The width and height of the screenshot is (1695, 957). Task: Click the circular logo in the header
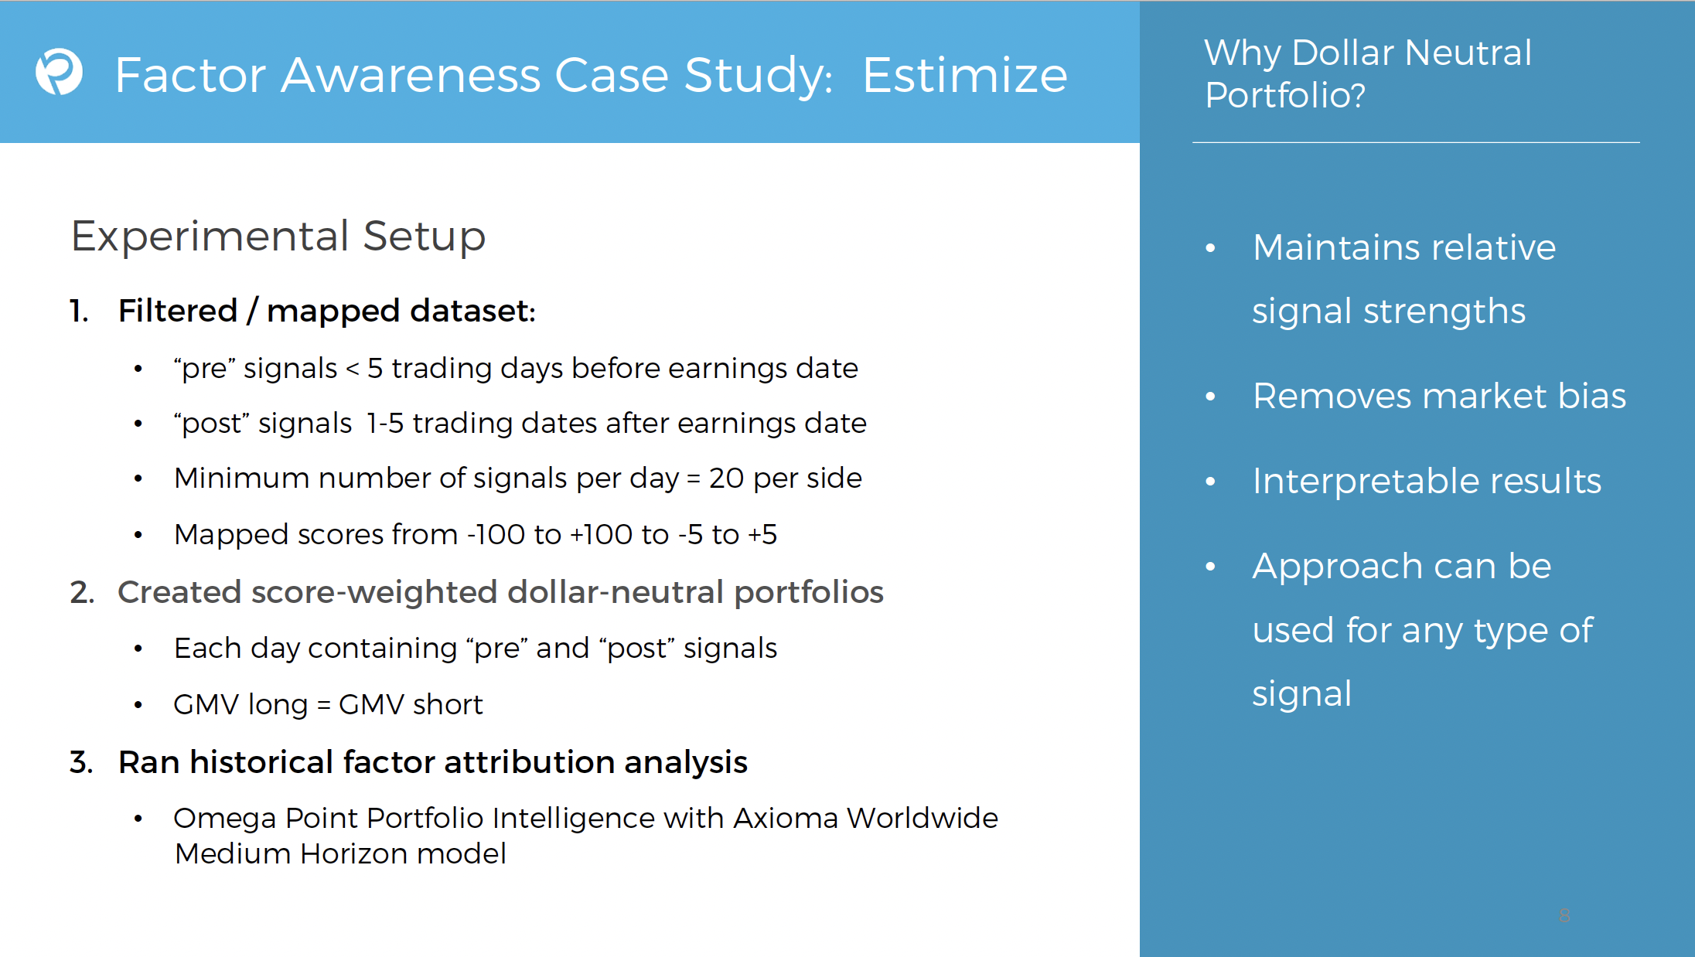59,72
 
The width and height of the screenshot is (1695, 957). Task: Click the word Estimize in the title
964,75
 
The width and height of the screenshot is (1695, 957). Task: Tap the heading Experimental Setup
278,237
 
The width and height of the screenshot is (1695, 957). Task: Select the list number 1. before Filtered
79,311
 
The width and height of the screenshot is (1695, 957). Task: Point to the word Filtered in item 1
178,311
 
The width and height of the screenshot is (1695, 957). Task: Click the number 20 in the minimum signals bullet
726,478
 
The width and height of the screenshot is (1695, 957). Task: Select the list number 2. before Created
82,593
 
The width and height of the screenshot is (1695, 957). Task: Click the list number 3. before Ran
81,763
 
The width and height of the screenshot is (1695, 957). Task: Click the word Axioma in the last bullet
786,818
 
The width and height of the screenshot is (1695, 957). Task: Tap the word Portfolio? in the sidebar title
1285,96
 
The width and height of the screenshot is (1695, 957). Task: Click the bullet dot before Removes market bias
1210,397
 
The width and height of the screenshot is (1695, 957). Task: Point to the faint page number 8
1564,916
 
